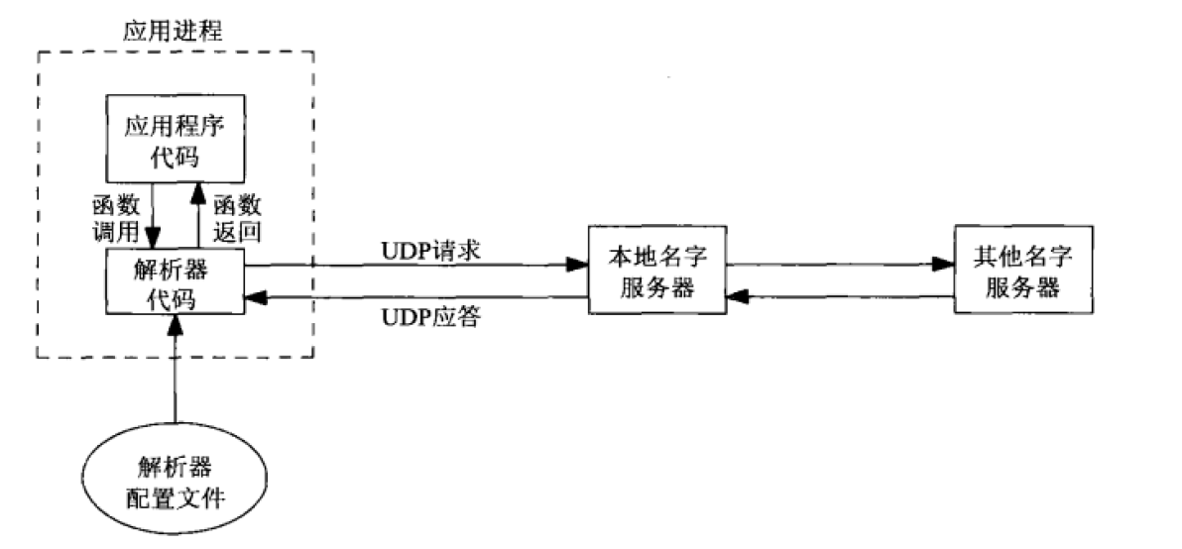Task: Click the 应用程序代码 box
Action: (x=175, y=143)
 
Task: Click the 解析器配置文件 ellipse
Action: (x=175, y=481)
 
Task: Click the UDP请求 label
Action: (x=431, y=251)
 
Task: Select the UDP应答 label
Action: (x=431, y=319)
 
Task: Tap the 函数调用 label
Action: (x=112, y=218)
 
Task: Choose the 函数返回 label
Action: (x=237, y=218)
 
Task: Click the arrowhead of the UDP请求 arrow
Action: (x=576, y=266)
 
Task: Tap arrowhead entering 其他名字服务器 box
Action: (x=942, y=265)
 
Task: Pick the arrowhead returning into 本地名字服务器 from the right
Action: (x=737, y=294)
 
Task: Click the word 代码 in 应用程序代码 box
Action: (x=175, y=157)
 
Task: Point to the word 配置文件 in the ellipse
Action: (x=175, y=494)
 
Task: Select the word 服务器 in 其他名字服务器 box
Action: (x=1022, y=287)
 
